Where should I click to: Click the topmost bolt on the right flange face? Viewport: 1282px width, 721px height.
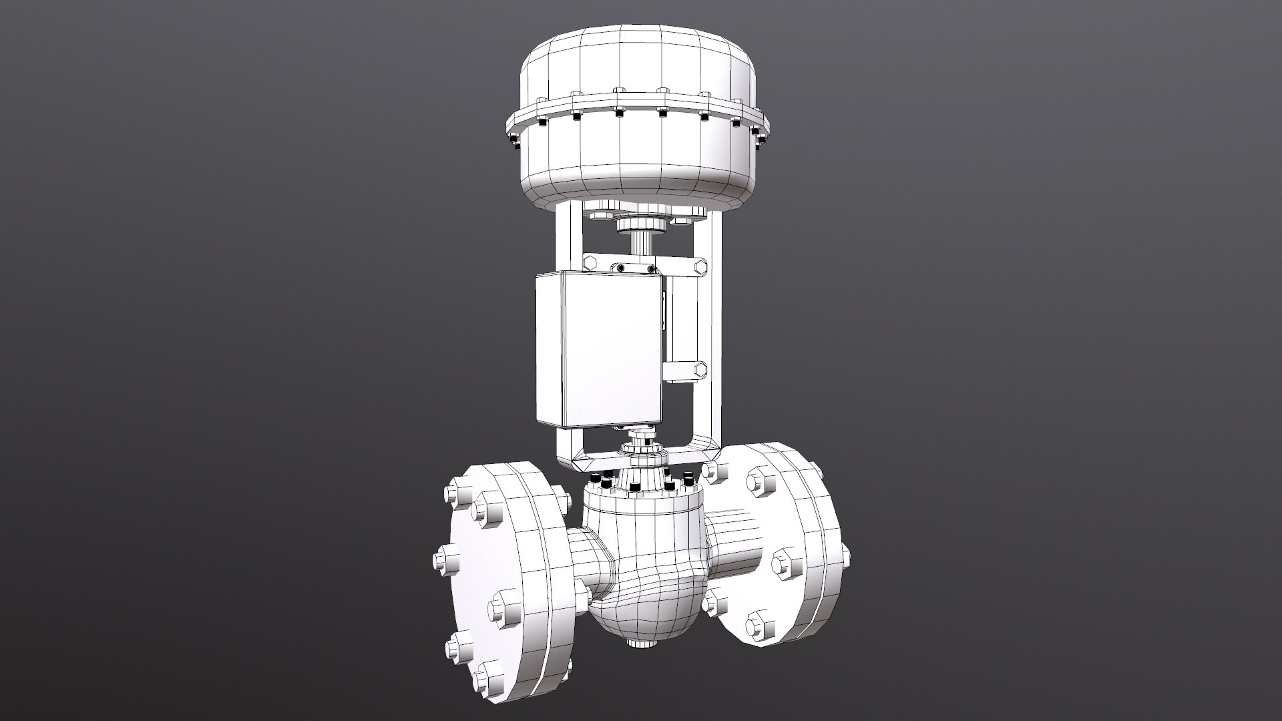pos(760,481)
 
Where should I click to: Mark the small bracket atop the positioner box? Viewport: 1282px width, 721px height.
pos(631,268)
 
